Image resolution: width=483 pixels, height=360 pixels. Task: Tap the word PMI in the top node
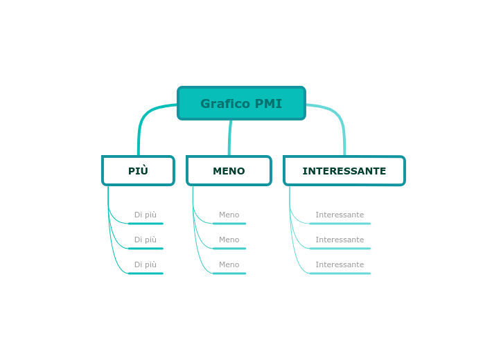tap(268, 104)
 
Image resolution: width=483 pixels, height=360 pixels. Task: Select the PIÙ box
tap(138, 171)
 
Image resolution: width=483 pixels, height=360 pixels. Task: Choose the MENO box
tap(229, 171)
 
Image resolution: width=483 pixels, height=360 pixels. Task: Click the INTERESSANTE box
tap(344, 171)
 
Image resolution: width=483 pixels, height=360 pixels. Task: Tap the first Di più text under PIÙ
tap(146, 215)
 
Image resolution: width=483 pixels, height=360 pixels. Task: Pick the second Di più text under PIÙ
tap(146, 240)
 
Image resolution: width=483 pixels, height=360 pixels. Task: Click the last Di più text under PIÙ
tap(146, 265)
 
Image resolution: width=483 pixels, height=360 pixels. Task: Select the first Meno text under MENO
tap(229, 215)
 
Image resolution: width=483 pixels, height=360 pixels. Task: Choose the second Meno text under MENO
tap(229, 240)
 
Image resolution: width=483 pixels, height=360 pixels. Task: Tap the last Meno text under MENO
tap(229, 265)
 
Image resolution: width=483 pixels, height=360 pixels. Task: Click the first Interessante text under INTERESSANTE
tap(340, 215)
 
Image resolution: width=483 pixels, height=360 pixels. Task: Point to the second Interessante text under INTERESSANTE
tap(340, 240)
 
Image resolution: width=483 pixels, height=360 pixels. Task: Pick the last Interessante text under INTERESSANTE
tap(340, 265)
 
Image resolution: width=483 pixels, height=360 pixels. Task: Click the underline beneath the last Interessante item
tap(340, 273)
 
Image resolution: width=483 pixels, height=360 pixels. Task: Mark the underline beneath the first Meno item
tap(229, 224)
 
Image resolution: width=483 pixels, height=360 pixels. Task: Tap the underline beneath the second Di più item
tap(146, 249)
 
